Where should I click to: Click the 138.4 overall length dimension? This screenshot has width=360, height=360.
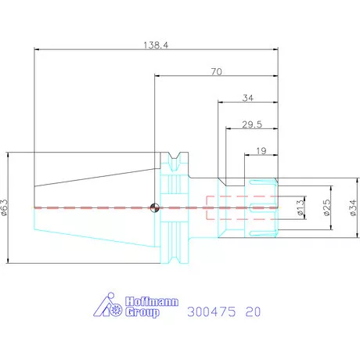[x=156, y=45]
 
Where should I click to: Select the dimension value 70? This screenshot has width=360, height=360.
[x=217, y=71]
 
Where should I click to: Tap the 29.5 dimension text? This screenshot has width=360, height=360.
[x=252, y=124]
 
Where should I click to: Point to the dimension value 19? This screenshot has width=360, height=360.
[x=261, y=151]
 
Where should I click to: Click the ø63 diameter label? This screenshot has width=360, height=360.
[x=5, y=207]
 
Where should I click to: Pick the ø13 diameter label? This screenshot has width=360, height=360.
[x=301, y=207]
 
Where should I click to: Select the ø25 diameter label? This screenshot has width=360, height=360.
[x=326, y=207]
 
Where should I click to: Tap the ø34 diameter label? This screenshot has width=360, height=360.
[x=353, y=207]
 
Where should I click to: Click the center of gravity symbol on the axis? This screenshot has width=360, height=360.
[x=155, y=208]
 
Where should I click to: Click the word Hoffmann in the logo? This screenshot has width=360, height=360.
[x=152, y=301]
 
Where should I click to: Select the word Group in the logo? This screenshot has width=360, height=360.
[x=142, y=312]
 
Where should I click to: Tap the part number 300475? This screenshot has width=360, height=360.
[x=211, y=311]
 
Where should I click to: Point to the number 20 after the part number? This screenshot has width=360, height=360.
[x=253, y=311]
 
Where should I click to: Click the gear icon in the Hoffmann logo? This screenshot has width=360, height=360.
[x=116, y=310]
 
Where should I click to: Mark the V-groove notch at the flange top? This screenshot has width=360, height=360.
[x=175, y=156]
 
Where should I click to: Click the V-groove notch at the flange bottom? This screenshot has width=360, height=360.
[x=175, y=260]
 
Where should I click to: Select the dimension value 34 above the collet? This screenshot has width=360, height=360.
[x=248, y=98]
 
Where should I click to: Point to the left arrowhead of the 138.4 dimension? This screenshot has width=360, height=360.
[x=37, y=49]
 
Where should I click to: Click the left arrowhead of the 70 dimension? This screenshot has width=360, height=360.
[x=157, y=76]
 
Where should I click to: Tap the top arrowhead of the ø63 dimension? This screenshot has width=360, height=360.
[x=8, y=155]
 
